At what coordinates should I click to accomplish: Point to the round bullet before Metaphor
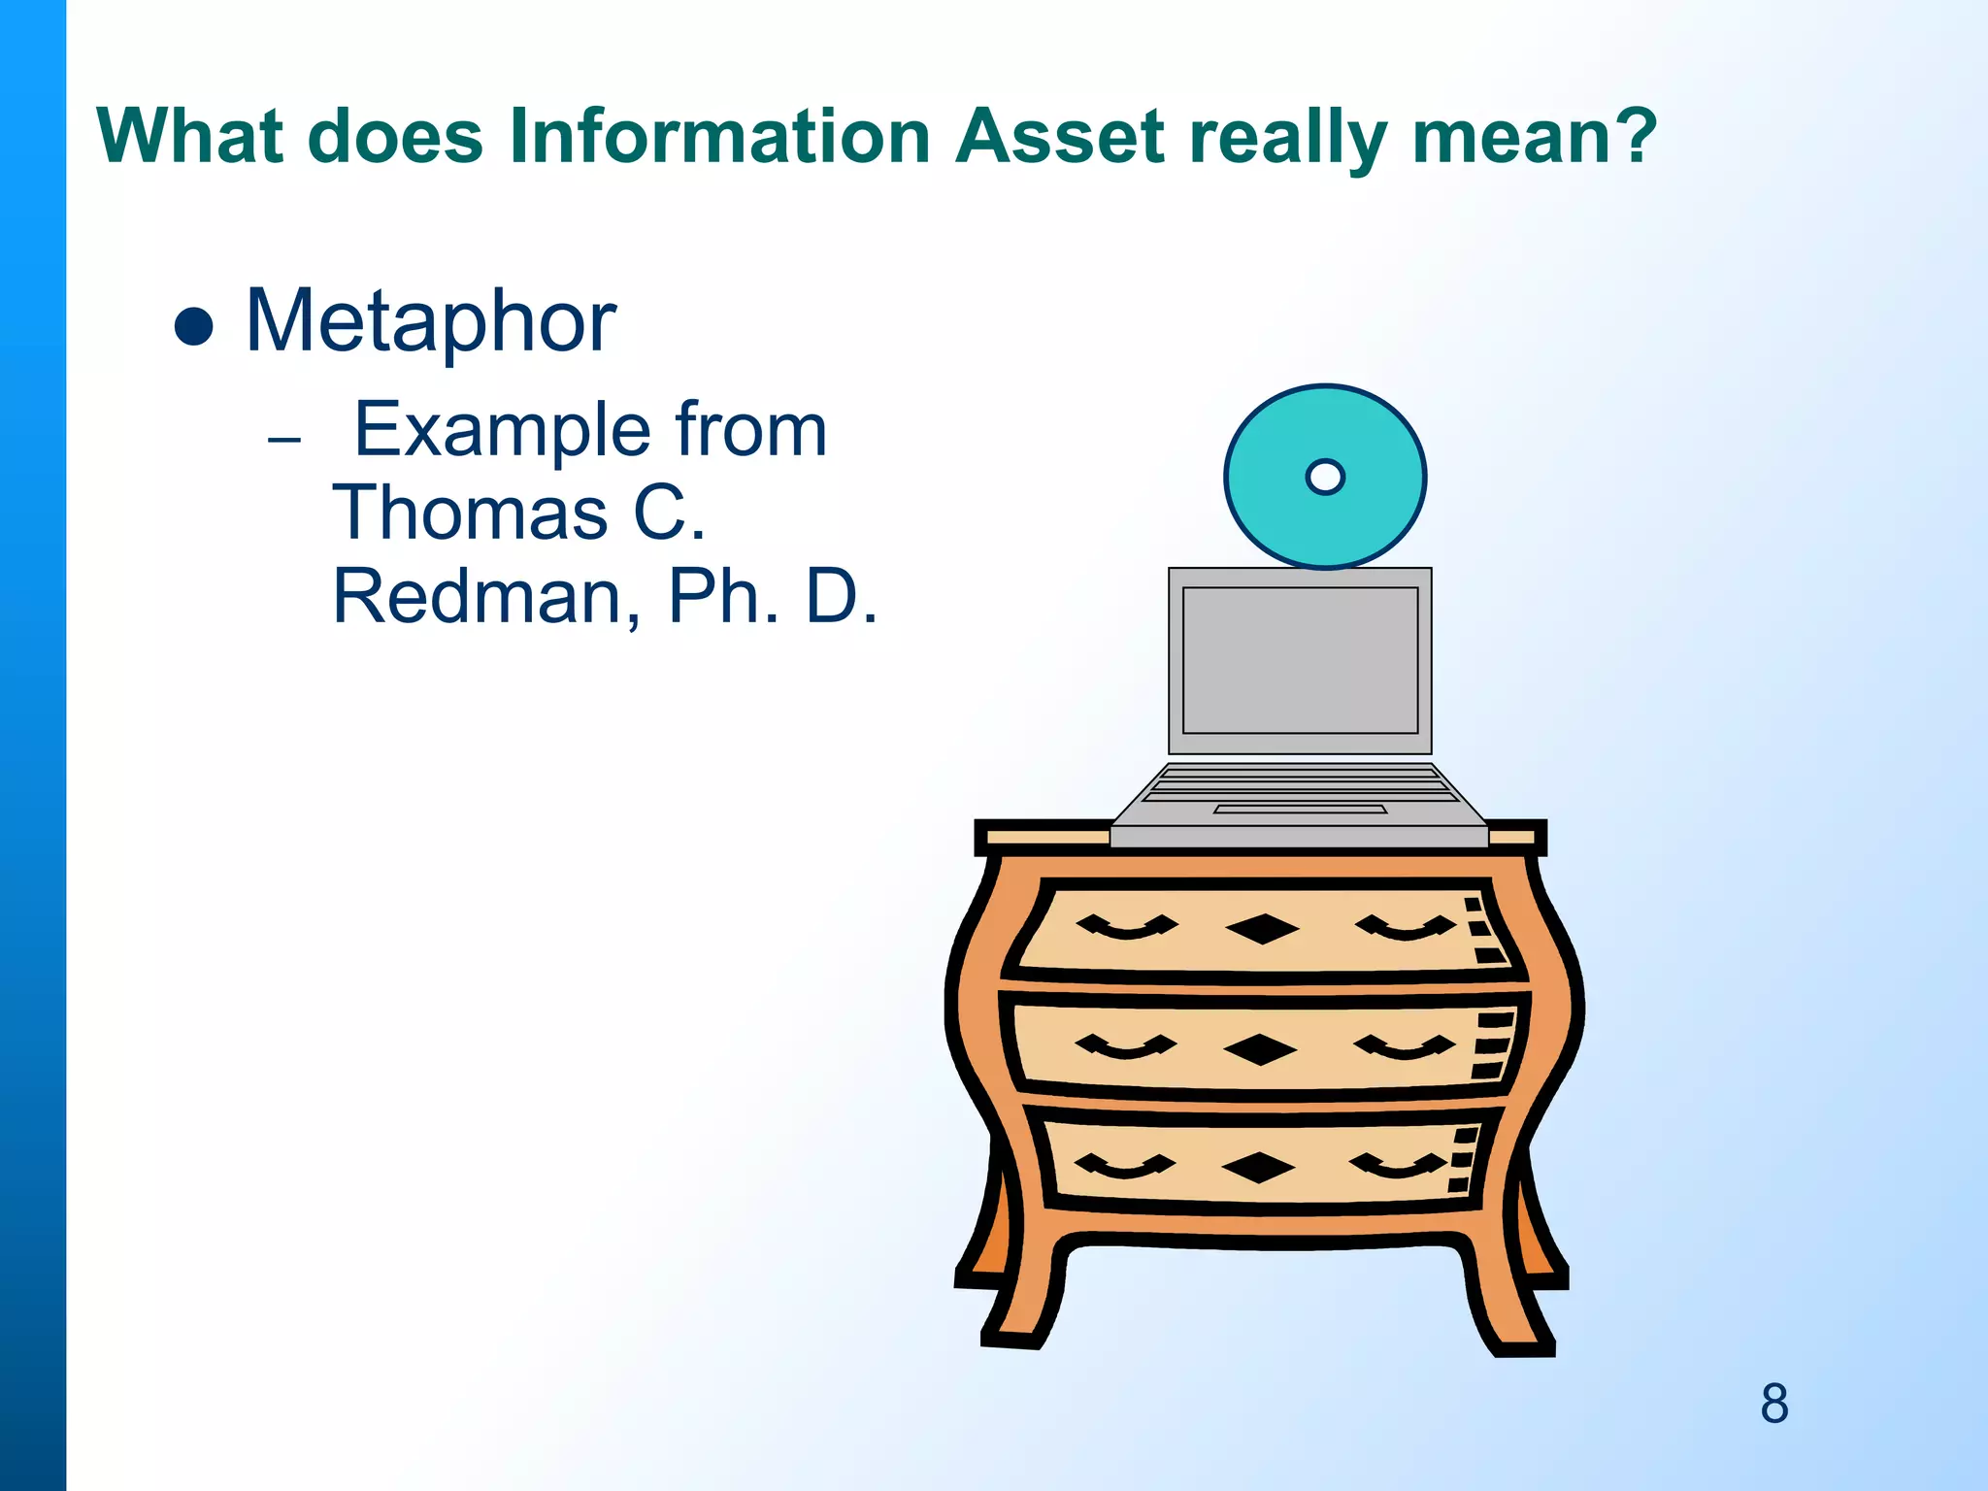tap(193, 327)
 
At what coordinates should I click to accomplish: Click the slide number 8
tap(1774, 1404)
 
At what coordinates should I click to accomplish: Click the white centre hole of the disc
tap(1325, 477)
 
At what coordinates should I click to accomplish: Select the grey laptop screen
tap(1300, 660)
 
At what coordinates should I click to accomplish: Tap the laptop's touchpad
tap(1300, 809)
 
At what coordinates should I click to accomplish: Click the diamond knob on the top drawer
tap(1262, 929)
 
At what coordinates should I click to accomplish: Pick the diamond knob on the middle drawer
tap(1260, 1049)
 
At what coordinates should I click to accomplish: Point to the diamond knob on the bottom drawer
tap(1258, 1168)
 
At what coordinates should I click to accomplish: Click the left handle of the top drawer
tap(1126, 928)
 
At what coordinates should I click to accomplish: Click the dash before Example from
tap(284, 440)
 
